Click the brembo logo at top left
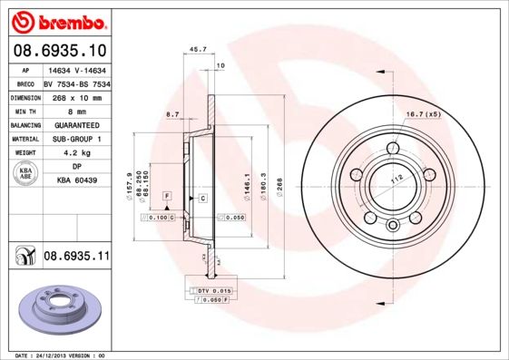(x=56, y=21)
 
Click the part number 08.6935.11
(x=75, y=257)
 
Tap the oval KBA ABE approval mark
(x=26, y=175)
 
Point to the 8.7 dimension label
(x=172, y=113)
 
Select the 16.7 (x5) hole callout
(x=422, y=113)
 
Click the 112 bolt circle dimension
(x=396, y=180)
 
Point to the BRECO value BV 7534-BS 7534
(x=77, y=81)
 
